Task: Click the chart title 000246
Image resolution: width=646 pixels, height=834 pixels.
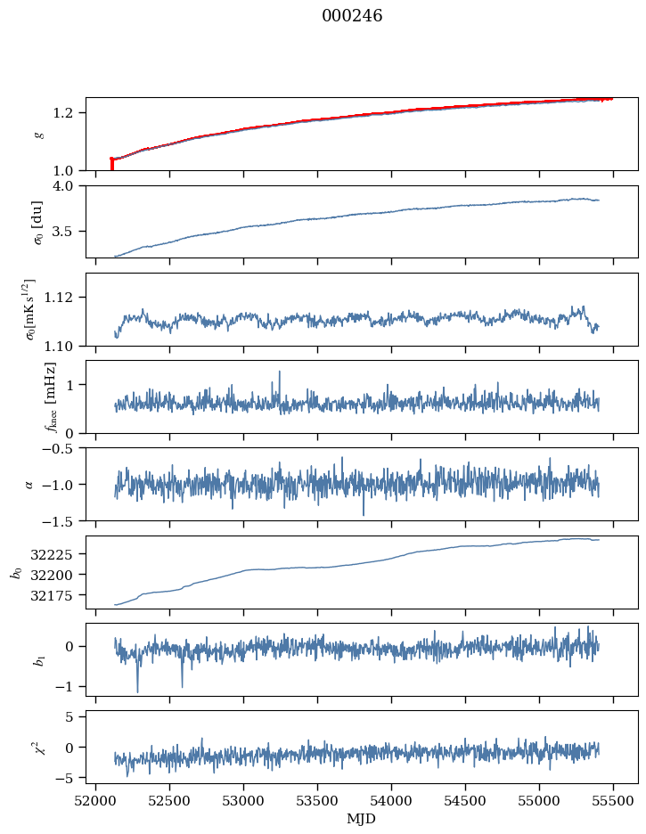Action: [352, 16]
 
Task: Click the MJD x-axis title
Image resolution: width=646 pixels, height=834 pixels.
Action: [361, 818]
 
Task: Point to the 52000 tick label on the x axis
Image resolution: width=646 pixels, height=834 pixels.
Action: [95, 800]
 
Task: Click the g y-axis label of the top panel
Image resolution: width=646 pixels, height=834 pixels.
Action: [38, 134]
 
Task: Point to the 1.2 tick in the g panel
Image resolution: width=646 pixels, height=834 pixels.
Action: [70, 113]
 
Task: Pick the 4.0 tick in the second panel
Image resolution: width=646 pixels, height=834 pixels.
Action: [70, 186]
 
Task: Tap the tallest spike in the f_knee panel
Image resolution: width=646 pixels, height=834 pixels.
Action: [280, 372]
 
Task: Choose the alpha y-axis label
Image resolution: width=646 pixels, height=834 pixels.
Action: [29, 484]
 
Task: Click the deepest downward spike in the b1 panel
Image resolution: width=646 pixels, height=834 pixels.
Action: [137, 691]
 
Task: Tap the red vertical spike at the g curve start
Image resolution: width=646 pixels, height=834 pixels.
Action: [111, 164]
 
